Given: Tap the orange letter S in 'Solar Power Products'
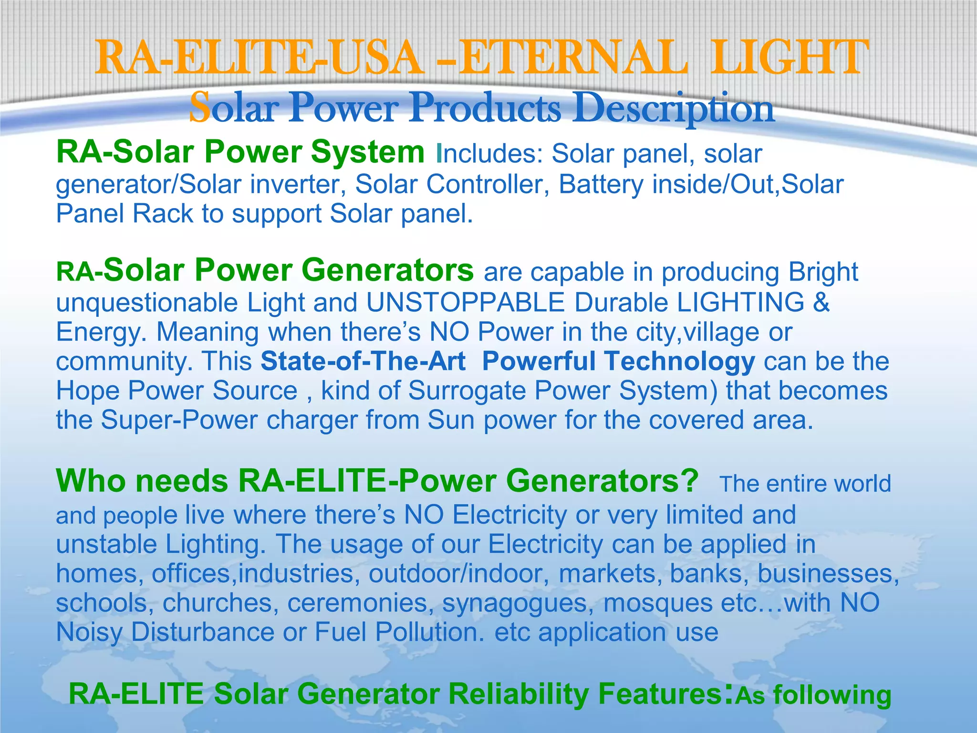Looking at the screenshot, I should click(x=199, y=108).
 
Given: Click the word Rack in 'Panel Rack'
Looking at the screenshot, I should click(x=163, y=213).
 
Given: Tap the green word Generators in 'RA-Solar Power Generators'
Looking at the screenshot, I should click(x=387, y=271).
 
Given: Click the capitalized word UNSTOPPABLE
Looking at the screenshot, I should click(x=466, y=303).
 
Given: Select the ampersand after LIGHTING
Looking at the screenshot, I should click(x=821, y=303).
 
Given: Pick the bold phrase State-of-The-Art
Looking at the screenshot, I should click(x=363, y=361).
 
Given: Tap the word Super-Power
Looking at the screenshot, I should click(x=179, y=420).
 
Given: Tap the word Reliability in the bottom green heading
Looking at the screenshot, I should click(x=518, y=694).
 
